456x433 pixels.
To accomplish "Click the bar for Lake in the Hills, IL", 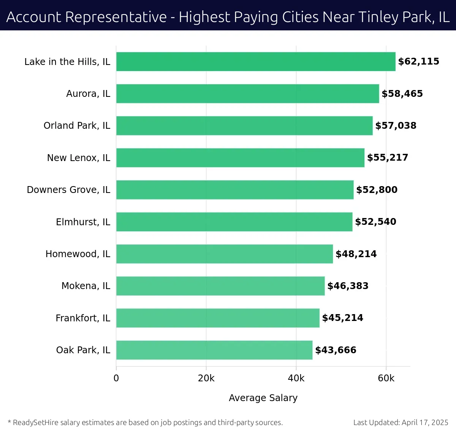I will tap(256, 62).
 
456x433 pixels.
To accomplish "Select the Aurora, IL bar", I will tap(247, 93).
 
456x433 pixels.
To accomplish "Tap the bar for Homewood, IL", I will tap(224, 254).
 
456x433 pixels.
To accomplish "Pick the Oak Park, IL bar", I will tap(214, 350).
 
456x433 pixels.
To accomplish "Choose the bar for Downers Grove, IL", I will tap(235, 190).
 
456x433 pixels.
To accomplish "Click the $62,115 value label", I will tap(418, 62).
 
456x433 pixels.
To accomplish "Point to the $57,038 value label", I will tap(396, 126).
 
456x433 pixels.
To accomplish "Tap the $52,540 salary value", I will tap(375, 222).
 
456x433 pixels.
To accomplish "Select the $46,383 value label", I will tap(348, 286).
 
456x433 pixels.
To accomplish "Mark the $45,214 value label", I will tap(342, 318).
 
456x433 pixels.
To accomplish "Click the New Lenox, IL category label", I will tap(79, 158).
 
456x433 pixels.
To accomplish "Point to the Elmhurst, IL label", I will tap(83, 222).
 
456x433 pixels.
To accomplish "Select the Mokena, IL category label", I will tap(86, 286).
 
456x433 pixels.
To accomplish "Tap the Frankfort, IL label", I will tap(83, 318).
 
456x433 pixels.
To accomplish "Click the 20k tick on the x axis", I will tap(206, 378).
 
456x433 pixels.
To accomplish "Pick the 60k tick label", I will tap(386, 378).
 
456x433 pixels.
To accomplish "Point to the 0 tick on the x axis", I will tap(116, 378).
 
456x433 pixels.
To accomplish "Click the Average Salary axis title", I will tap(263, 398).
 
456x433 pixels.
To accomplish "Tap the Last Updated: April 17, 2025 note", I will tap(401, 422).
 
